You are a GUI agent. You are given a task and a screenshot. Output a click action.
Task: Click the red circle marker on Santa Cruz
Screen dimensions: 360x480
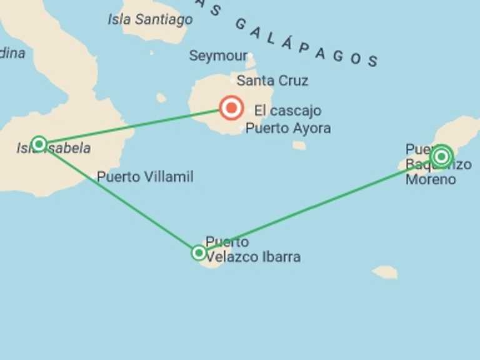[232, 108]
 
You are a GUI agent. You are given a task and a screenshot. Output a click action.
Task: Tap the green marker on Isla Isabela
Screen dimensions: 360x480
[39, 144]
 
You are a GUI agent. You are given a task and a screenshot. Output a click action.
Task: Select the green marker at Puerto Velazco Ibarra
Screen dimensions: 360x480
[199, 252]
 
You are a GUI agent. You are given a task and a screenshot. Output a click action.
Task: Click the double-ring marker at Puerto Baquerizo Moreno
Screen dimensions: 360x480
[441, 156]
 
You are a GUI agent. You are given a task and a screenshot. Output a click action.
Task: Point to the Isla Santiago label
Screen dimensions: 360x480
[150, 20]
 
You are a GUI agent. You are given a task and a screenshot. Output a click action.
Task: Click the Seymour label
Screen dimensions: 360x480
[218, 56]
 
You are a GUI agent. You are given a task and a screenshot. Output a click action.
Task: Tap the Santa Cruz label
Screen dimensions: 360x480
[272, 81]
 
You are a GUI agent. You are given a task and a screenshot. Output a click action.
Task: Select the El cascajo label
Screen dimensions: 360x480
[287, 111]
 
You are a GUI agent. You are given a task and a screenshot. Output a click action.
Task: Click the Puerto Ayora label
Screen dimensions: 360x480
[288, 129]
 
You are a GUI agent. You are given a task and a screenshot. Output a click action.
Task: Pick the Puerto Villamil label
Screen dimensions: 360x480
[145, 177]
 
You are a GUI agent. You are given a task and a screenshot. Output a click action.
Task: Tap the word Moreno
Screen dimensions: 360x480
[431, 179]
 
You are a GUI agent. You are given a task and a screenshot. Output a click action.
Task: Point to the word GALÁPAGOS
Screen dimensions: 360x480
[306, 41]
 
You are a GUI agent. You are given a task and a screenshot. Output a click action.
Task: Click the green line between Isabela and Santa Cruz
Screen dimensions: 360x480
[131, 126]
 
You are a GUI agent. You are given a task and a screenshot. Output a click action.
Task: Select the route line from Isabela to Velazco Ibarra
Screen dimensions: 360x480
[119, 199]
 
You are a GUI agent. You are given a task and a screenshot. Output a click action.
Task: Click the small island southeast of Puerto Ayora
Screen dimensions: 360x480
[299, 146]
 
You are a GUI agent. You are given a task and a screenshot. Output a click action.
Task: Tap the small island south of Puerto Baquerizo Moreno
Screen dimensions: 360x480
[385, 272]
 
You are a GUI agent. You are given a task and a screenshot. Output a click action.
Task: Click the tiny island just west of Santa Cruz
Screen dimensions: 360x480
[161, 97]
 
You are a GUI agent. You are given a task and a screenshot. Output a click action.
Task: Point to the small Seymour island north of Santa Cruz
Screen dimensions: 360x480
[251, 61]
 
